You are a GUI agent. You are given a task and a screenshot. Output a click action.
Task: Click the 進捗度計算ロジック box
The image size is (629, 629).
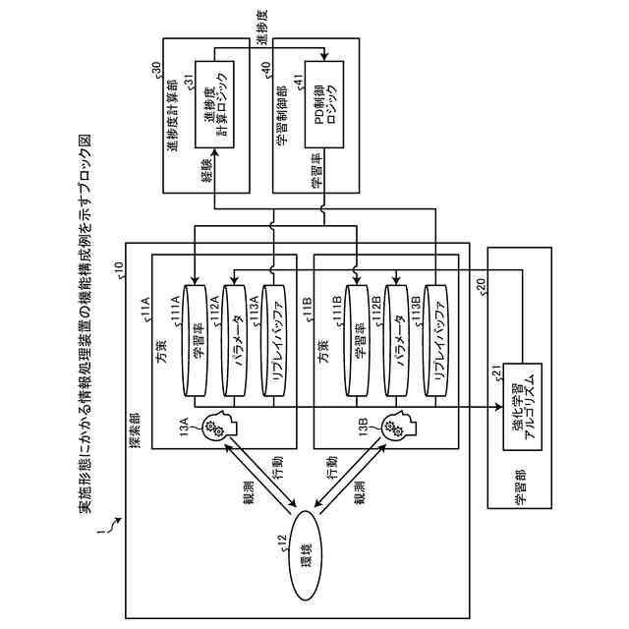click(x=214, y=105)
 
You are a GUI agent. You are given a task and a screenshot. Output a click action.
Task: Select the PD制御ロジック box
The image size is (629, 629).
click(x=324, y=105)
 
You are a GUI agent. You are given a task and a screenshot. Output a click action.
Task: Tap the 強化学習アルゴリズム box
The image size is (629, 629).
click(x=522, y=407)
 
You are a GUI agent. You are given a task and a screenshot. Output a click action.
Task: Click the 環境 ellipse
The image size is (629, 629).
click(x=306, y=555)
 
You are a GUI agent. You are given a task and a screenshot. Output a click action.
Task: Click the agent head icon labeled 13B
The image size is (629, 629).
click(x=399, y=426)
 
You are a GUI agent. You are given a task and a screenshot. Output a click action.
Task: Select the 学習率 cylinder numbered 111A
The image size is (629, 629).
click(x=195, y=341)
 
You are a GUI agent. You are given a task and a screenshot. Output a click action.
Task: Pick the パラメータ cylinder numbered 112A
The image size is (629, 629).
click(x=234, y=341)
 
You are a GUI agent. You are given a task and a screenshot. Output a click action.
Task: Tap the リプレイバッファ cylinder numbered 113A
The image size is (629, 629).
click(x=273, y=341)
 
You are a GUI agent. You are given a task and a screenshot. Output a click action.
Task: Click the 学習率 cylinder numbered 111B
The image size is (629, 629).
click(x=357, y=341)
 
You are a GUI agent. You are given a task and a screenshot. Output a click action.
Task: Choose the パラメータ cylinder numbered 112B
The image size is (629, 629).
click(x=396, y=341)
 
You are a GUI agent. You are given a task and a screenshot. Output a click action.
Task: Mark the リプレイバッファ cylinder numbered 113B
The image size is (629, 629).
click(x=436, y=341)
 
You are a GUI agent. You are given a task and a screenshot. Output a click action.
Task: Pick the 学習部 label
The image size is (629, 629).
click(x=521, y=486)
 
